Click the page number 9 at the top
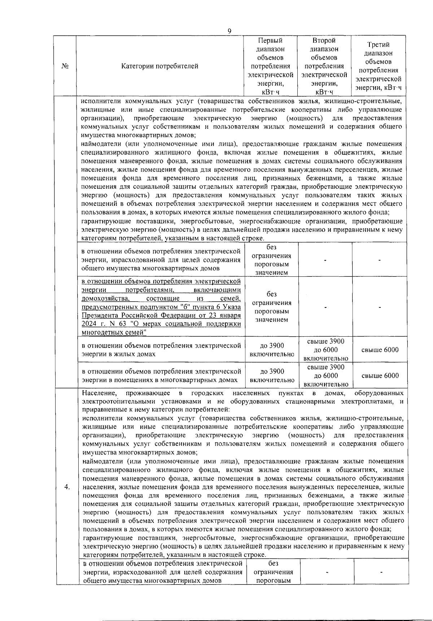point(229,31)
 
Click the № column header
point(65,66)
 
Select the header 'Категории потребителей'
point(160,66)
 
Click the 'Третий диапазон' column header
point(378,66)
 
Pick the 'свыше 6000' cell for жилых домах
point(380,350)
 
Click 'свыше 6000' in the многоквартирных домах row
point(380,376)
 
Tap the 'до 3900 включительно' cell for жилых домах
point(272,350)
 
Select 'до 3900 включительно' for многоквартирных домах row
point(272,376)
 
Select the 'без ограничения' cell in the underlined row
point(271,307)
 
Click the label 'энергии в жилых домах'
point(118,354)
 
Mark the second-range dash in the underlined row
point(325,307)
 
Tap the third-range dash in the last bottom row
point(381,572)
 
